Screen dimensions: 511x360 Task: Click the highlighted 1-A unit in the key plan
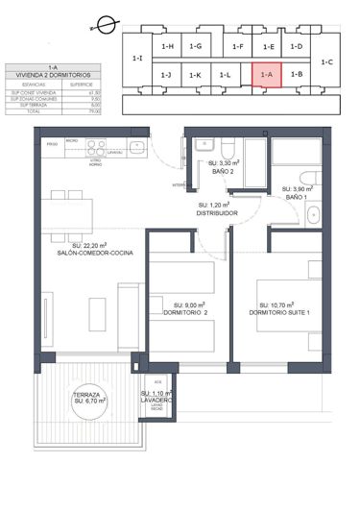click(x=267, y=74)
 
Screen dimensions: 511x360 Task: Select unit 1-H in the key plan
click(x=167, y=45)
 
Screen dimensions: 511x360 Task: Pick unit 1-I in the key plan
click(x=137, y=60)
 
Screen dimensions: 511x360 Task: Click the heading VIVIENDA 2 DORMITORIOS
click(x=53, y=74)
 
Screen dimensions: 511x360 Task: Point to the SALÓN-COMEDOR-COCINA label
click(x=94, y=253)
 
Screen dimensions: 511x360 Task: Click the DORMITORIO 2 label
click(x=186, y=313)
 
